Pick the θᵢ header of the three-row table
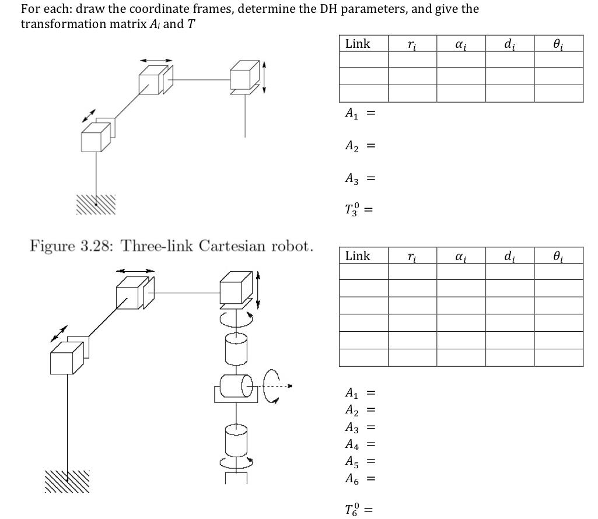point(558,44)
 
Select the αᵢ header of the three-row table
point(461,44)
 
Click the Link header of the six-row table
point(358,255)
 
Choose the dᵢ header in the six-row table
point(509,255)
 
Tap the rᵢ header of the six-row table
point(412,255)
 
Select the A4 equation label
point(352,444)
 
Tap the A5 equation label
point(352,462)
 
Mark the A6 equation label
point(352,479)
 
